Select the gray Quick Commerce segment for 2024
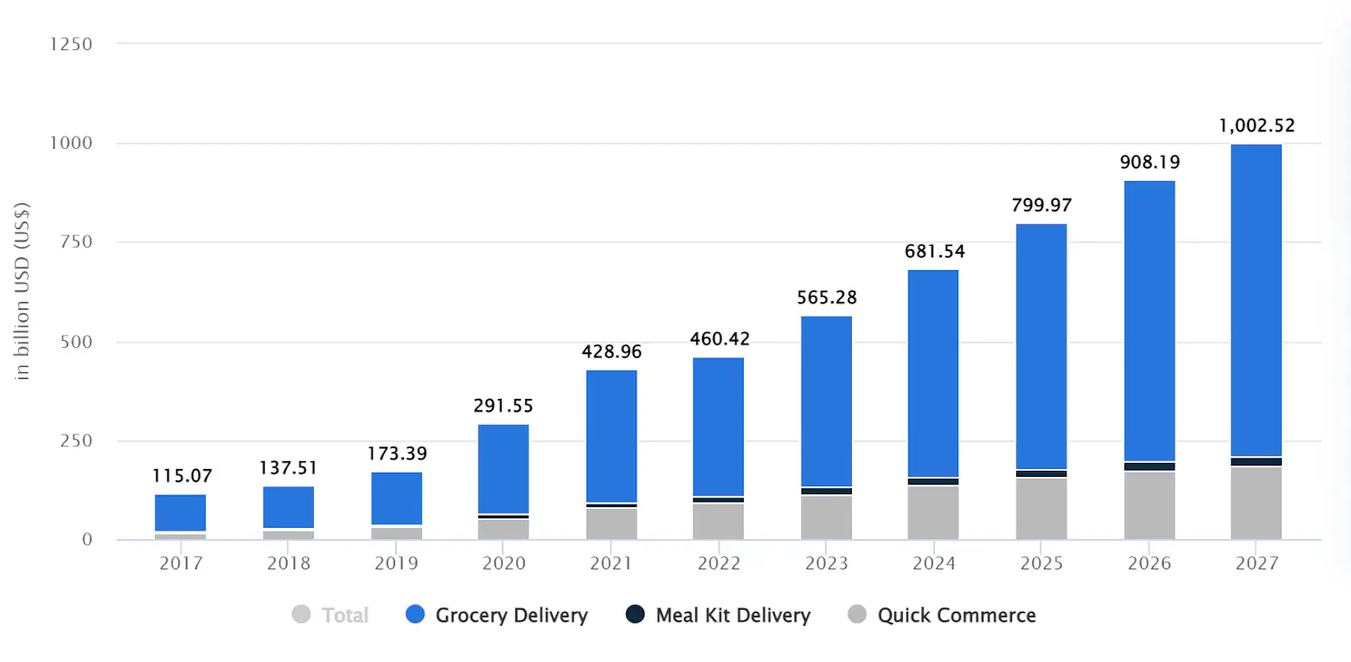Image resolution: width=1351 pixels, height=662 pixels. coord(933,512)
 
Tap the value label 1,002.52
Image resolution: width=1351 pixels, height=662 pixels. coord(1256,125)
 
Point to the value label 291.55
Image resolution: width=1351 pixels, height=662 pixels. coord(503,405)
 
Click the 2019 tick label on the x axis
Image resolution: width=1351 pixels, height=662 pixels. coord(396,563)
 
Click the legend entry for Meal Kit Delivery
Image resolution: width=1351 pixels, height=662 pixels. coord(733,615)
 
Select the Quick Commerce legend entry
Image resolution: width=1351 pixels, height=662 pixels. coord(956,615)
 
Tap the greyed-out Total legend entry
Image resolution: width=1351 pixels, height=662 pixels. coord(344,615)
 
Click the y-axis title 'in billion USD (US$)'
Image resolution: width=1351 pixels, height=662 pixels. coord(23,290)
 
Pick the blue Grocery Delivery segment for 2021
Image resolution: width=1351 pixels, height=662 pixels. coord(611,436)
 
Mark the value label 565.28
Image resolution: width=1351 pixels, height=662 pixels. coord(826,298)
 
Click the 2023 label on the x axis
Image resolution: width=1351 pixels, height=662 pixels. coord(826,563)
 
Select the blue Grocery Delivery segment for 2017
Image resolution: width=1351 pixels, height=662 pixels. coord(181,512)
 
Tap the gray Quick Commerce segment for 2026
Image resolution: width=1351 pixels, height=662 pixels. coord(1149,505)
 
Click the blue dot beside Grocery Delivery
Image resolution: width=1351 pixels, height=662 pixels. coord(415,615)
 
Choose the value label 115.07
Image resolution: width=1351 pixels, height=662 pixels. coord(182,476)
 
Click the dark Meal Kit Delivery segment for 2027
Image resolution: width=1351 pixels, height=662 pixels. coord(1256,462)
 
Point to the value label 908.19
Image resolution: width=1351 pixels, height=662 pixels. coord(1149,162)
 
